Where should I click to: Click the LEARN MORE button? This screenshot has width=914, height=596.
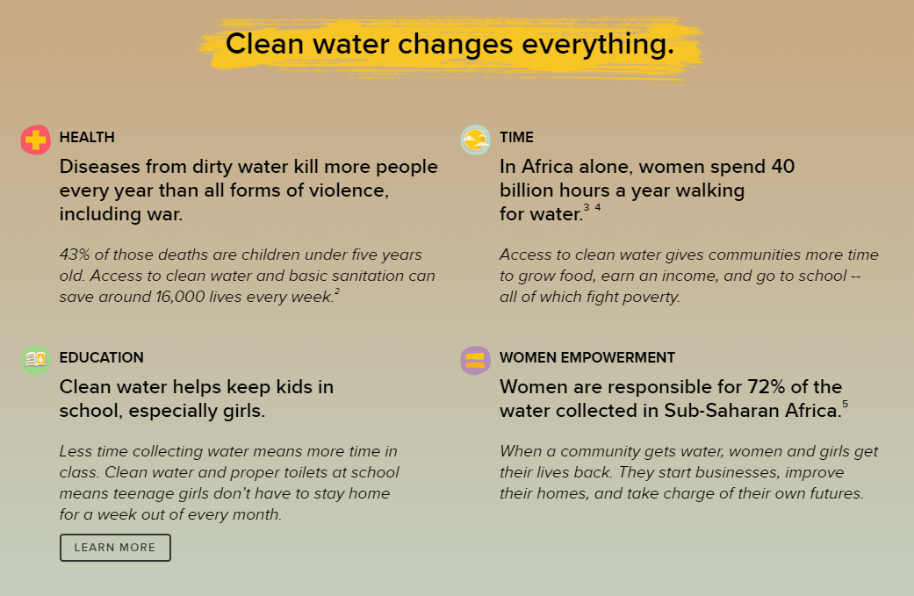click(x=115, y=548)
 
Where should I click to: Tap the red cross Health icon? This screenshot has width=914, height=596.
click(x=35, y=140)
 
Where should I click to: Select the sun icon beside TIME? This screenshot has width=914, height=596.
click(x=475, y=140)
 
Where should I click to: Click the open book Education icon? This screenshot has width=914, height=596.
click(x=35, y=360)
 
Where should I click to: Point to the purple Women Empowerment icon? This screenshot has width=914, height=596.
click(x=475, y=360)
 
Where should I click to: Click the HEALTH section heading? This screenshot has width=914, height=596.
click(x=87, y=138)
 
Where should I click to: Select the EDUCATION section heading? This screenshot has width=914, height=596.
click(x=102, y=358)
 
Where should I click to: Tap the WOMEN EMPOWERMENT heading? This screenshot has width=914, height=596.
click(x=587, y=358)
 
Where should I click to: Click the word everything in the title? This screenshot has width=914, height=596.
click(x=598, y=45)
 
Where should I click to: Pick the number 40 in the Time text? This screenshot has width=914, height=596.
click(x=783, y=167)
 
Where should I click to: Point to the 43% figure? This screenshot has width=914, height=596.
click(x=75, y=255)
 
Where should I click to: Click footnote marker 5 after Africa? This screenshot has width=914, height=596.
click(x=846, y=405)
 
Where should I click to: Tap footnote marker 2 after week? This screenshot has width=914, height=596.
click(x=337, y=291)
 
